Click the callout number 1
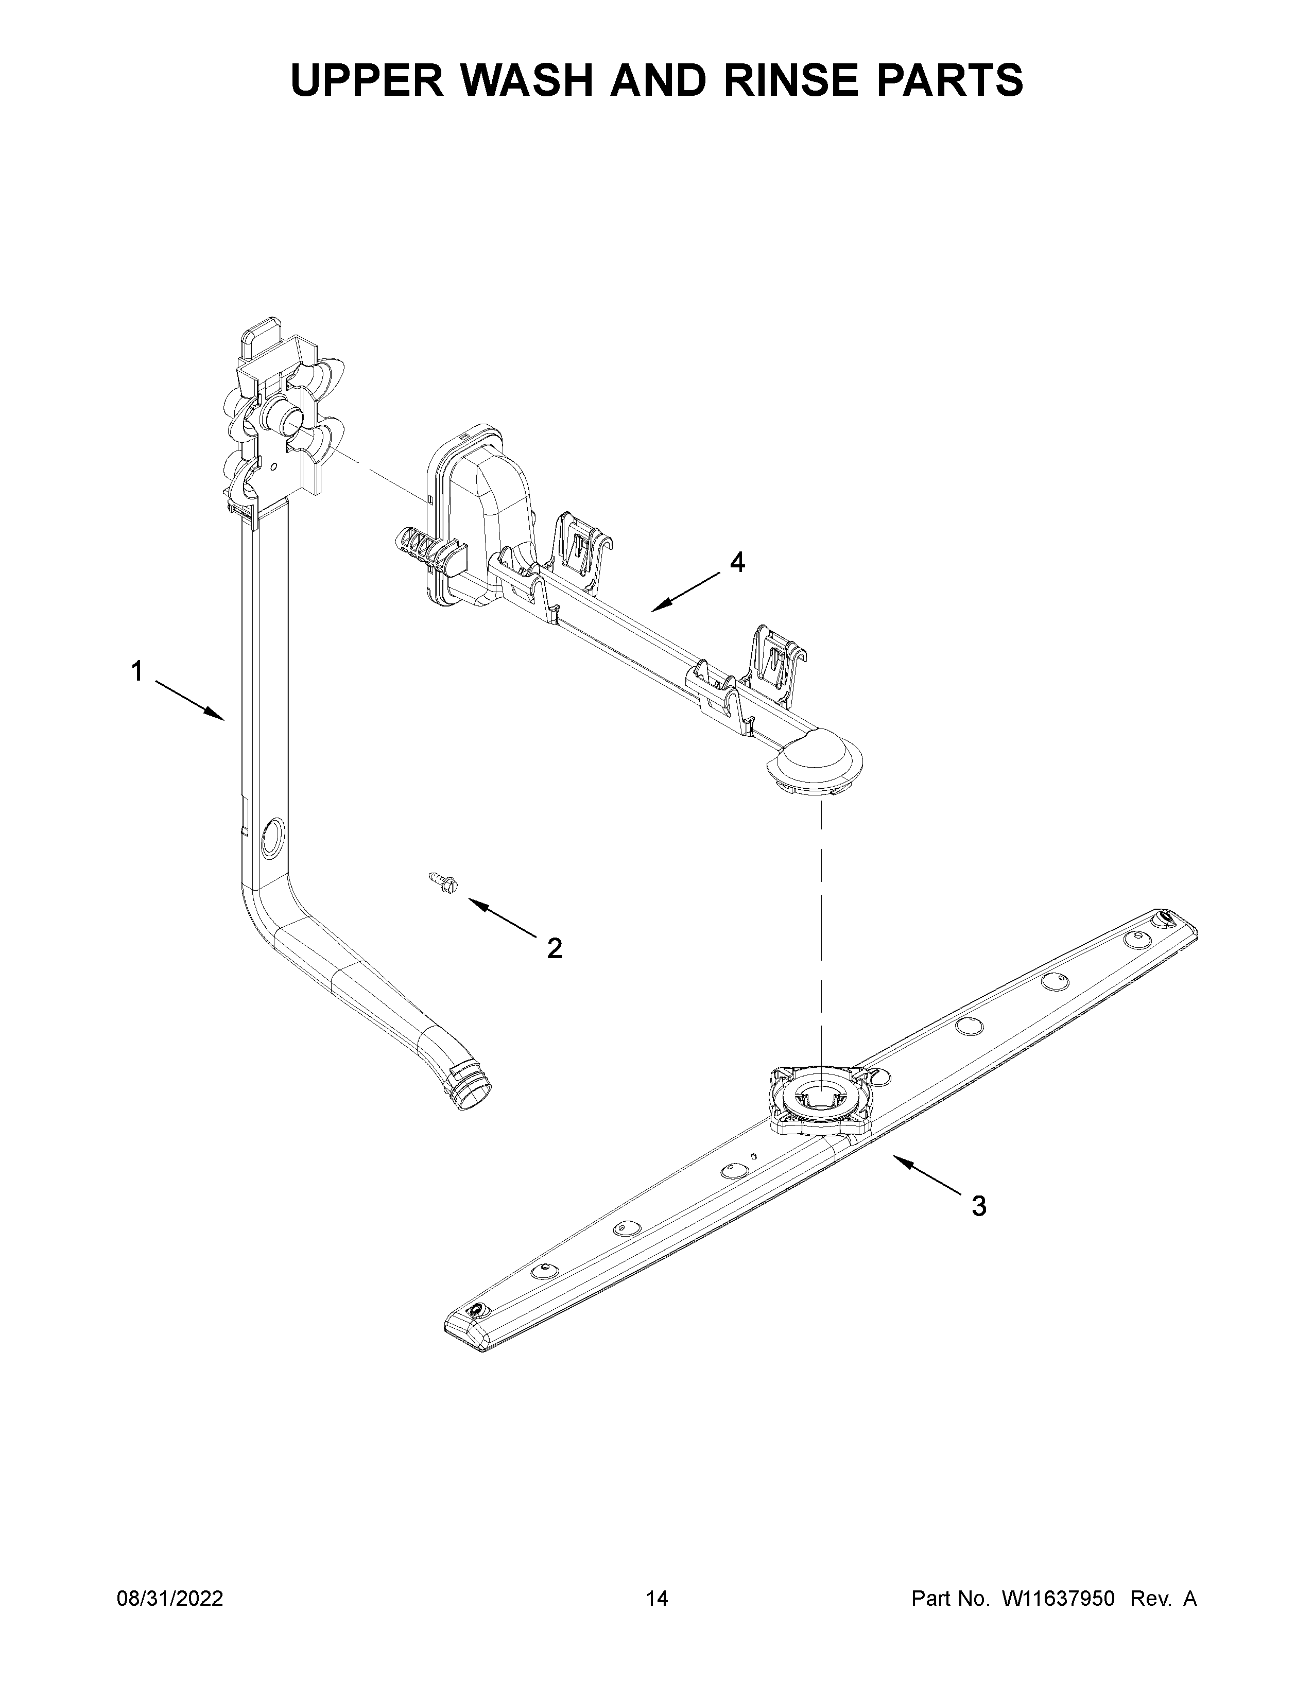[x=137, y=670]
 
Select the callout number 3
[x=978, y=1206]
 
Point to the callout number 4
[x=737, y=562]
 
